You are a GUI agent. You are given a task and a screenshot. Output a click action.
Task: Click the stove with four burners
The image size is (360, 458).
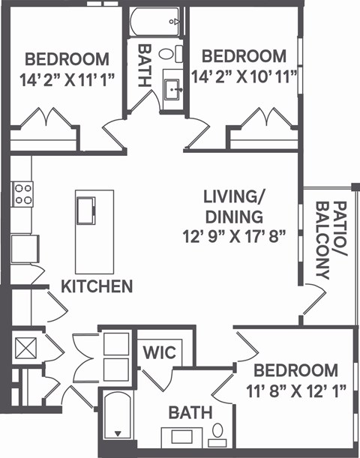coord(23,194)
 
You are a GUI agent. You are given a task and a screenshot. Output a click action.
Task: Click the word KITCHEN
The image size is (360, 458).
coord(97,286)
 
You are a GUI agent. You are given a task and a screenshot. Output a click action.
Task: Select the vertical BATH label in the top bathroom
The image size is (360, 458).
coord(145,65)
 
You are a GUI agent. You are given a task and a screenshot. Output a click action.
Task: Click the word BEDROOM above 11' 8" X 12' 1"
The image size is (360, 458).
coord(295,370)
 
